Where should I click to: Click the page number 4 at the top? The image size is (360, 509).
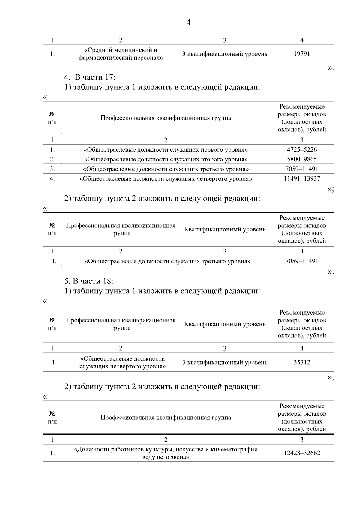[x=188, y=22]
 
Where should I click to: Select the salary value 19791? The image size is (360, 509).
[x=302, y=54]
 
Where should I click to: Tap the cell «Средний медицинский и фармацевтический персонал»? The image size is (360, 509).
[x=121, y=54]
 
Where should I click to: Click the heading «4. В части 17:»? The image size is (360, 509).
[x=90, y=77]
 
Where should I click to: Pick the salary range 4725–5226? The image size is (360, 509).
[x=302, y=150]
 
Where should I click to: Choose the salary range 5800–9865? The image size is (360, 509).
[x=302, y=159]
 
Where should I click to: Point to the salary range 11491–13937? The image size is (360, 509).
[x=302, y=179]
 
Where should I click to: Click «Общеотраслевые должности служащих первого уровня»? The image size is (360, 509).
[x=166, y=150]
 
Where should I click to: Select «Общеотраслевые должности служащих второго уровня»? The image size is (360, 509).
[x=166, y=159]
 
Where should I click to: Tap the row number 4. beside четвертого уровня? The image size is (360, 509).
[x=52, y=179]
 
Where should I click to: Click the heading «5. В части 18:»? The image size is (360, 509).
[x=89, y=281]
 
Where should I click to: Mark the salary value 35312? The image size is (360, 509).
[x=302, y=362]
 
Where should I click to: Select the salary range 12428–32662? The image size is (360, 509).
[x=302, y=453]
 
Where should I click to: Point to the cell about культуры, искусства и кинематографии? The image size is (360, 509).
[x=166, y=453]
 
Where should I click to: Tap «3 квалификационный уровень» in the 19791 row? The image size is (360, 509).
[x=225, y=54]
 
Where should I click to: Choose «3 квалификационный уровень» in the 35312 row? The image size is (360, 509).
[x=225, y=362]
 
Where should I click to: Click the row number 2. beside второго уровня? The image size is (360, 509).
[x=52, y=159]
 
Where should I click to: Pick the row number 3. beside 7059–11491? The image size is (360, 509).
[x=52, y=169]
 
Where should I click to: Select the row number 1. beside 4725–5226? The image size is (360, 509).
[x=52, y=150]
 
